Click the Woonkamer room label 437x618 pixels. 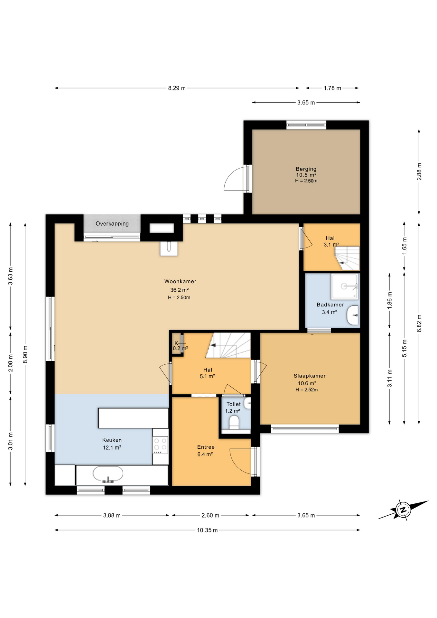coord(180,281)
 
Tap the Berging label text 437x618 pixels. coord(306,169)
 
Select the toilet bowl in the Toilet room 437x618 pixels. coord(234,423)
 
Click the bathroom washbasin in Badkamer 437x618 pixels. coord(353,315)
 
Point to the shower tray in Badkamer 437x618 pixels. coord(345,286)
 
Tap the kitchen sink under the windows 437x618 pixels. coord(108,474)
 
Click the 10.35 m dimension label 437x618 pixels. coord(207,530)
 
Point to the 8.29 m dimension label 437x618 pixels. coord(177,88)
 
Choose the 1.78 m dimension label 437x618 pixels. coord(332,88)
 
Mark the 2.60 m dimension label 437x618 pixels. coord(210,515)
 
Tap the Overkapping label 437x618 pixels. coord(112,224)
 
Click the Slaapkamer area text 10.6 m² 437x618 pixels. coord(307,383)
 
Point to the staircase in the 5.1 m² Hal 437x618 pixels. coord(228,346)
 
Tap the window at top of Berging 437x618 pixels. coord(306,125)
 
